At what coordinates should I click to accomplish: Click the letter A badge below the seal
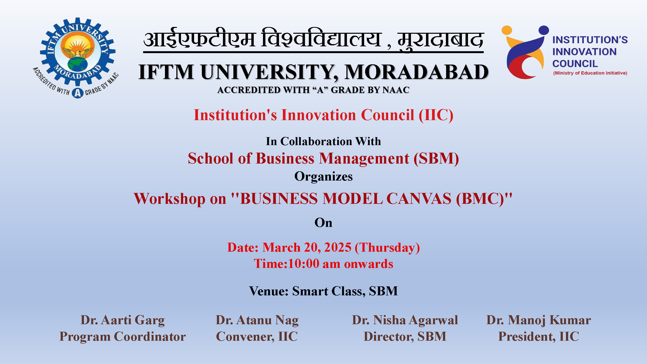click(78, 93)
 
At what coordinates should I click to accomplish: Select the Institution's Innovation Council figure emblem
click(525, 52)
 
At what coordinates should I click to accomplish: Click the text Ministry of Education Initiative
click(590, 73)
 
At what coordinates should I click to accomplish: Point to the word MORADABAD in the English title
click(417, 72)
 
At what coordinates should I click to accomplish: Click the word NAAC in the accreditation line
click(396, 90)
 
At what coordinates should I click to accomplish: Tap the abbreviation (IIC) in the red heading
click(436, 115)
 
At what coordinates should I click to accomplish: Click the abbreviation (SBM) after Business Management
click(436, 158)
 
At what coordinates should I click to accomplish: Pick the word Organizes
click(324, 177)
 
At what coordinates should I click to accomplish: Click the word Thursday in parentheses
click(387, 248)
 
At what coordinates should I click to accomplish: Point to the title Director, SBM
click(405, 337)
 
